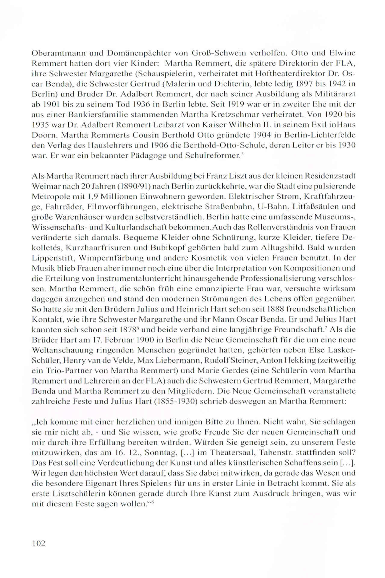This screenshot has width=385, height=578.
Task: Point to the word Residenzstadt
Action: click(x=329, y=176)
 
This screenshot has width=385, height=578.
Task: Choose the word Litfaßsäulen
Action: click(x=312, y=207)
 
